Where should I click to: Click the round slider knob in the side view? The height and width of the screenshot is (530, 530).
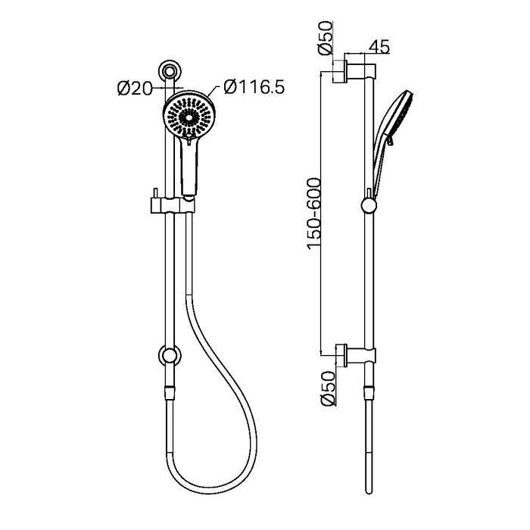(x=368, y=206)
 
